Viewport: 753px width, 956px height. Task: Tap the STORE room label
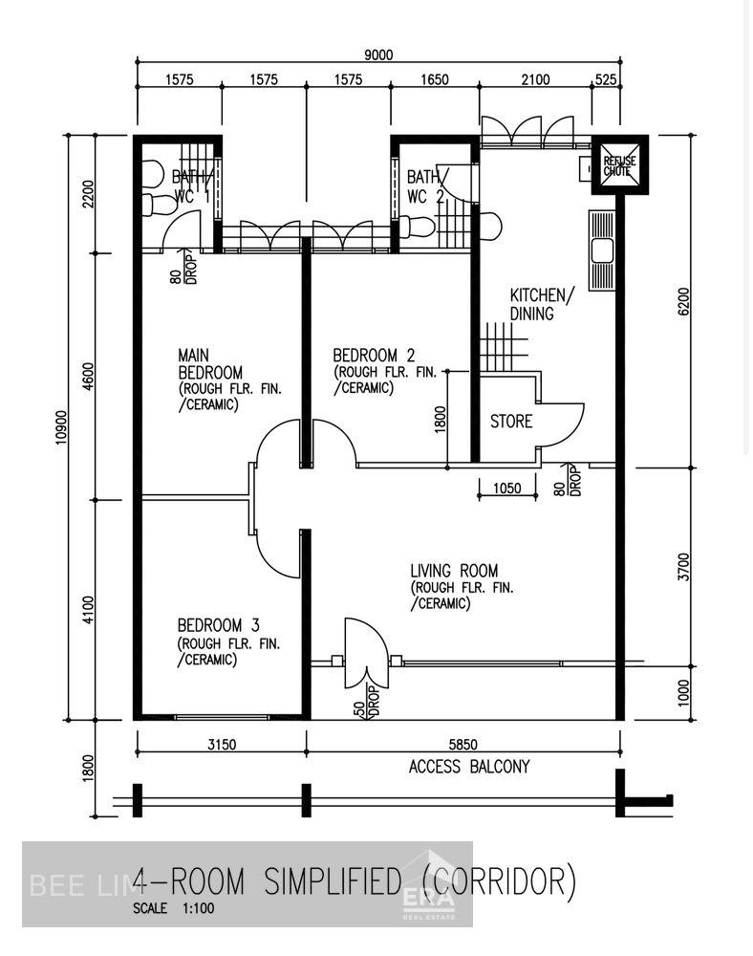tap(511, 421)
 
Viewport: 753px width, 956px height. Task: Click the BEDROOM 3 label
tap(218, 625)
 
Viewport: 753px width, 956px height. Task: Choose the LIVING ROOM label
tap(454, 571)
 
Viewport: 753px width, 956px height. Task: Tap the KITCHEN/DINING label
tap(542, 304)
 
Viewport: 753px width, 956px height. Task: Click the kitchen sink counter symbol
tap(602, 249)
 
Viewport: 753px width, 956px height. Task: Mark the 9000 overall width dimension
tap(378, 55)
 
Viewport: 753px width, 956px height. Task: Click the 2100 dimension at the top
tap(535, 80)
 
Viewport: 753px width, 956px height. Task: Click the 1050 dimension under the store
tap(506, 489)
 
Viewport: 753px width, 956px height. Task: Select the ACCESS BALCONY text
tap(468, 767)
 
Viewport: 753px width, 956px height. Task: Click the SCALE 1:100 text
tap(174, 908)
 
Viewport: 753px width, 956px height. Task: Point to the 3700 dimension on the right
tap(682, 566)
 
